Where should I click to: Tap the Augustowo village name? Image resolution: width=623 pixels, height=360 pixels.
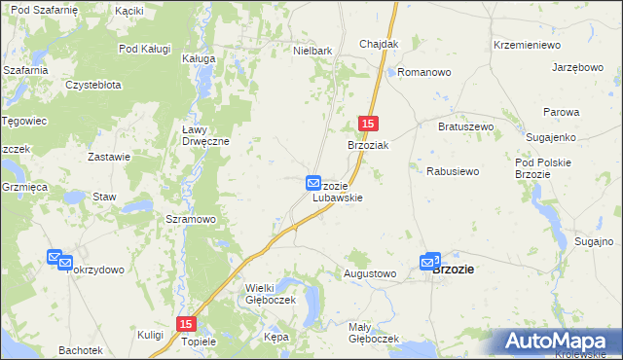click(370, 274)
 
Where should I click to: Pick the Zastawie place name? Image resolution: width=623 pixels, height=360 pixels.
click(109, 157)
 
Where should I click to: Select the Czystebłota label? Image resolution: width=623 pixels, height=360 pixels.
click(93, 85)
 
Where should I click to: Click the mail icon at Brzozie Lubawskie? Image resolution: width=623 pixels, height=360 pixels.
click(313, 182)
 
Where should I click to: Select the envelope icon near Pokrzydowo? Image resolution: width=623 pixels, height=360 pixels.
click(56, 258)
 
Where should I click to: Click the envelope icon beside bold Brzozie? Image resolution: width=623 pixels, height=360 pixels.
click(430, 261)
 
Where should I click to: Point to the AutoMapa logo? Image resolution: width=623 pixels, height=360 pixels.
click(559, 341)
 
